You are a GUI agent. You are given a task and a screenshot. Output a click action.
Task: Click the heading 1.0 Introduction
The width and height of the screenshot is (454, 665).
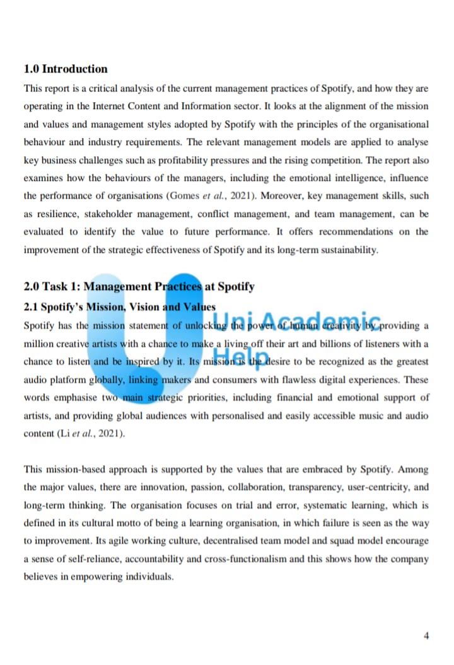point(66,69)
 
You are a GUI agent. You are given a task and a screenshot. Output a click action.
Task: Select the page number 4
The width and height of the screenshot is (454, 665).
point(426,635)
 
